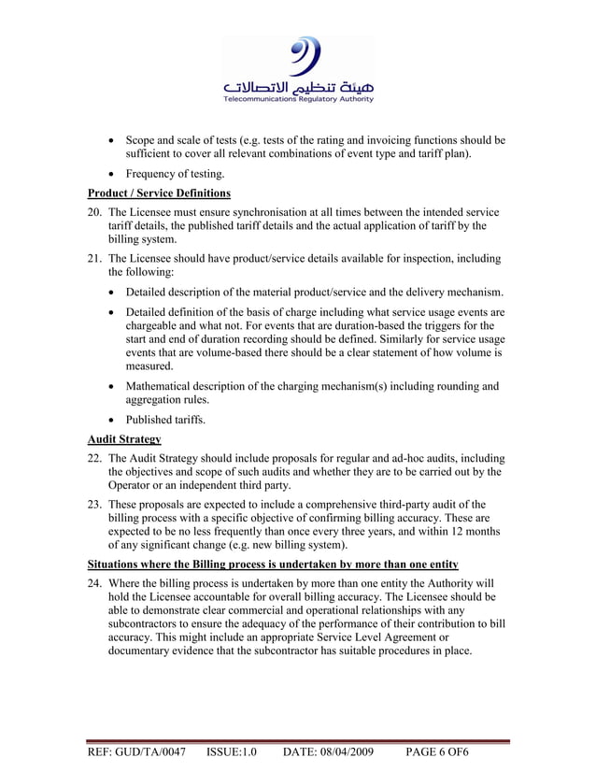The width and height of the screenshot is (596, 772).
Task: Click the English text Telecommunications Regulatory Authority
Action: [x=297, y=99]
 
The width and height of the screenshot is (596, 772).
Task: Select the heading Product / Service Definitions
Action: [x=159, y=193]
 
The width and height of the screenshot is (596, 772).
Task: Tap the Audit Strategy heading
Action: [x=124, y=438]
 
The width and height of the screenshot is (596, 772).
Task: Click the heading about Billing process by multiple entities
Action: [x=273, y=565]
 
